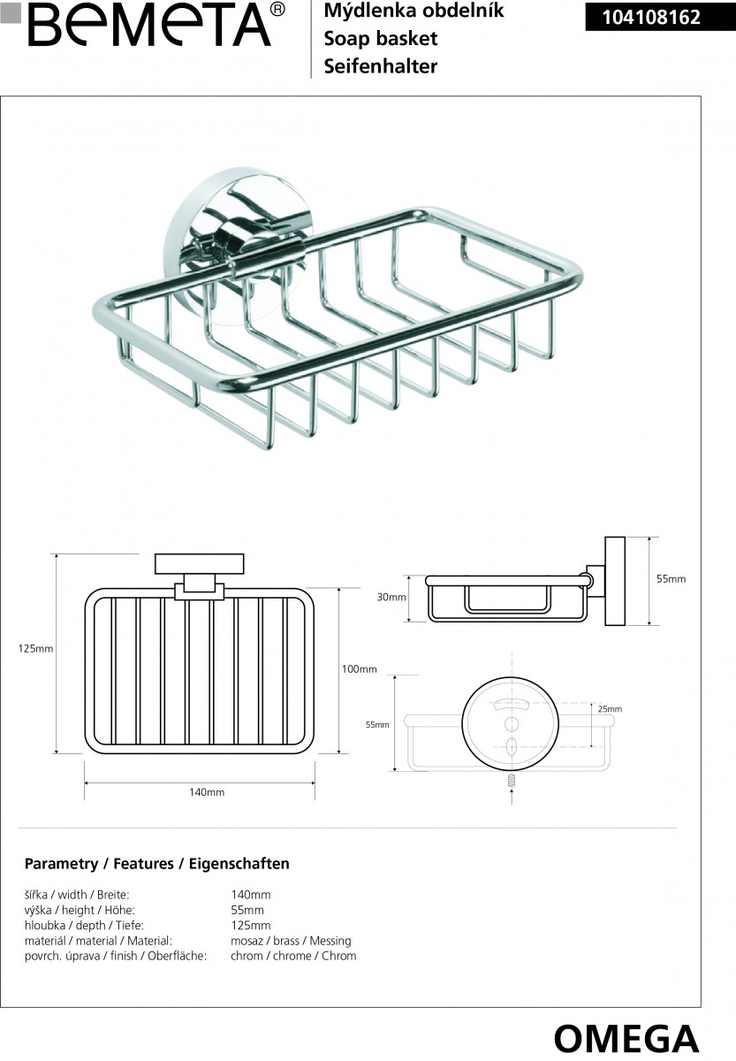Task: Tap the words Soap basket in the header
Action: click(381, 39)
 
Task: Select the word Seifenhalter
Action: click(381, 66)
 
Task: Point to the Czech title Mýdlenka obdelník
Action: click(414, 11)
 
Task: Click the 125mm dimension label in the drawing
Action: click(36, 649)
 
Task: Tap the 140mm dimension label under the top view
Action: click(207, 792)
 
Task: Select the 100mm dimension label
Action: click(359, 669)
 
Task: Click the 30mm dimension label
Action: click(391, 597)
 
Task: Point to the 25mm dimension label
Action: click(610, 709)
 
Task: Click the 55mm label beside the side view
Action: click(671, 579)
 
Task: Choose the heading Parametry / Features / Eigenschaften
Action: click(157, 864)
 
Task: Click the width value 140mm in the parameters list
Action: click(250, 895)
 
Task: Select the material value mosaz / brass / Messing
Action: click(291, 941)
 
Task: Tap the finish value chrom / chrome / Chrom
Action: click(293, 956)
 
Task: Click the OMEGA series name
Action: click(626, 1036)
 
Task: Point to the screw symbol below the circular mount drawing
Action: click(512, 782)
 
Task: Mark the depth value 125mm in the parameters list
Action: click(250, 926)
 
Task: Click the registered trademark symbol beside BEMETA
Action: click(277, 10)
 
